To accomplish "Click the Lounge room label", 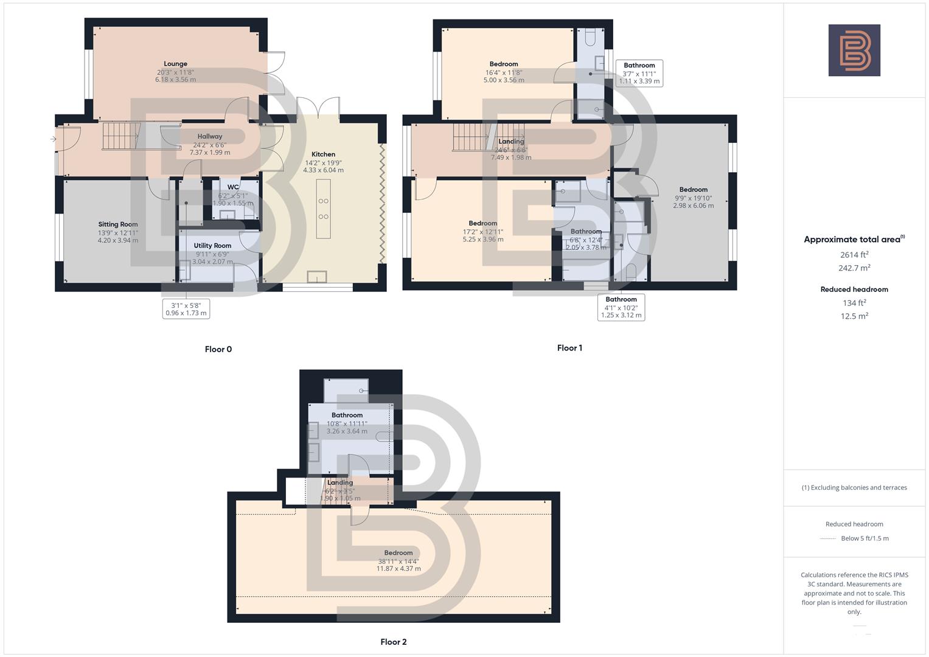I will point(175,64).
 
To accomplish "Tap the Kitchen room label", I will point(323,155).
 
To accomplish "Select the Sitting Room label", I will point(118,224).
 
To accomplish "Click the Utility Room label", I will point(212,246).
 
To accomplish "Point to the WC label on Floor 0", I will point(233,187).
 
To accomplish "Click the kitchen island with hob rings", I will point(323,209).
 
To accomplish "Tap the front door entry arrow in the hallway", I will point(54,139).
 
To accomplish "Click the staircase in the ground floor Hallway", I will point(120,136).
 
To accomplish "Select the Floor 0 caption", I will point(218,349).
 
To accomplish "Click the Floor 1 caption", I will point(569,348).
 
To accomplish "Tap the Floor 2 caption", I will point(393,642).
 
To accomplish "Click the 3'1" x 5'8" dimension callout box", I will point(186,309).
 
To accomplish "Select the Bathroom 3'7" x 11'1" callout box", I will point(639,73).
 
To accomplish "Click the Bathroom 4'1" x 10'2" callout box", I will point(621,307).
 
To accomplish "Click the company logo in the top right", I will point(854,50).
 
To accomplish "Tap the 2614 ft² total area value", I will point(854,255).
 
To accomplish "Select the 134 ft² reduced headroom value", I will point(854,303).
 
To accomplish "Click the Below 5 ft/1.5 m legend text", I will point(865,538).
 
